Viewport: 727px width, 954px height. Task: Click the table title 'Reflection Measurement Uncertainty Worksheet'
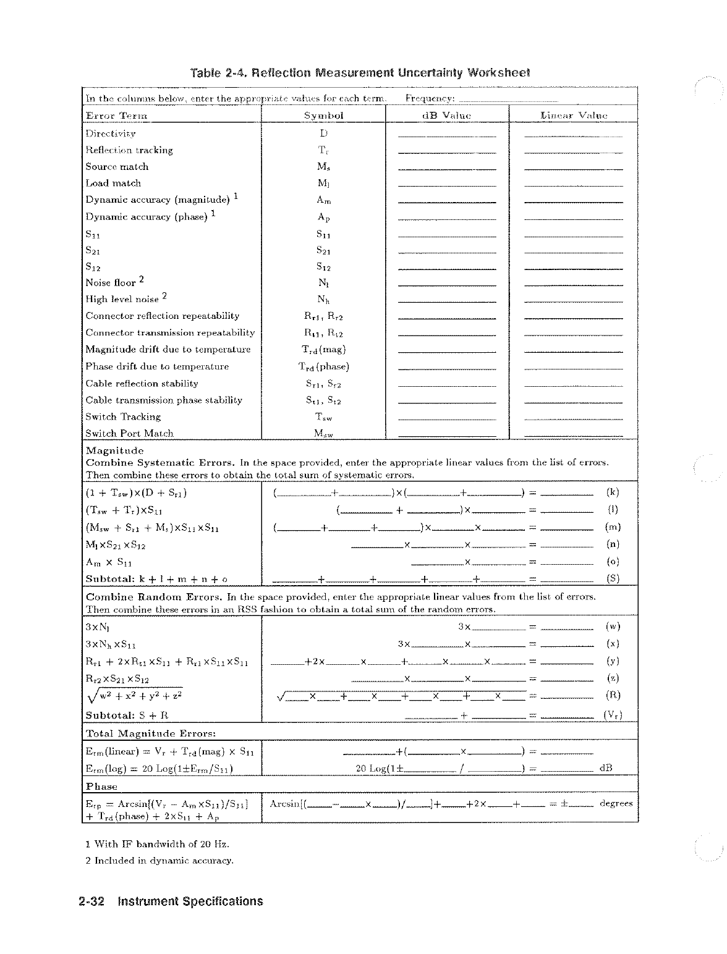pyautogui.click(x=360, y=73)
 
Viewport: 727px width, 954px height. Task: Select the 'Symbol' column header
pyautogui.click(x=323, y=116)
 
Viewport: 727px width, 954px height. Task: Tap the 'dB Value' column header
pyautogui.click(x=446, y=116)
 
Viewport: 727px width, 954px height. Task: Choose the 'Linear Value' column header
pyautogui.click(x=573, y=116)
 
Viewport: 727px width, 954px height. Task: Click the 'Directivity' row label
pyautogui.click(x=111, y=133)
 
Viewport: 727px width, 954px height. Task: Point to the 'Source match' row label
pyautogui.click(x=117, y=167)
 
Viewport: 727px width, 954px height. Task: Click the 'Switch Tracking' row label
pyautogui.click(x=123, y=417)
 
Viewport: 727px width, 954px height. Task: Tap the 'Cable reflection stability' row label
pyautogui.click(x=142, y=384)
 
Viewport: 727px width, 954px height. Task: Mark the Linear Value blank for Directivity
pyautogui.click(x=572, y=135)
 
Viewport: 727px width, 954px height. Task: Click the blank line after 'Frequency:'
pyautogui.click(x=509, y=99)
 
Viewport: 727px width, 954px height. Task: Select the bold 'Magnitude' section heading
pyautogui.click(x=114, y=450)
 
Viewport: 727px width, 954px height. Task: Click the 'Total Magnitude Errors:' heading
pyautogui.click(x=150, y=733)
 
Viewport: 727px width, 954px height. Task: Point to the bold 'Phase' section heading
pyautogui.click(x=101, y=787)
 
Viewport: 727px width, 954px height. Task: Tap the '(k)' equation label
pyautogui.click(x=613, y=492)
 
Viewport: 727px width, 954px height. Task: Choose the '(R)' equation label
pyautogui.click(x=613, y=694)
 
